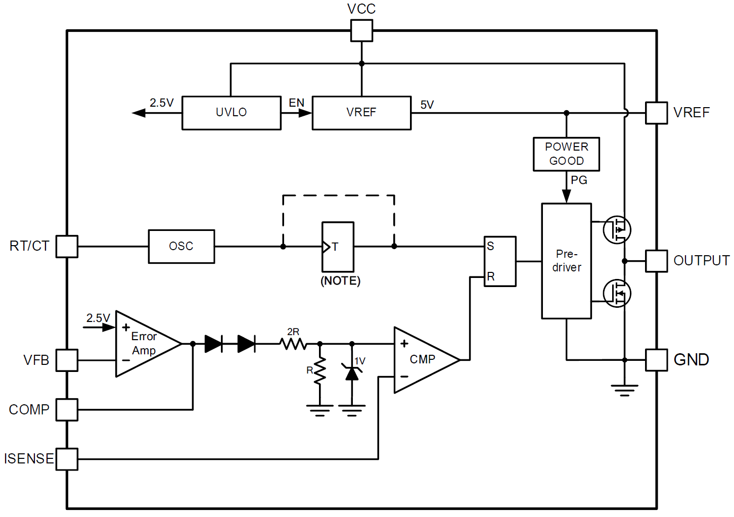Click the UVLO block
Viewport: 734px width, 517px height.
point(231,113)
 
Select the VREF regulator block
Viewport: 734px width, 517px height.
point(361,113)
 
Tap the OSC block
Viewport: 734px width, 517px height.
point(181,247)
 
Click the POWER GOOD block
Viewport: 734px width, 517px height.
point(566,154)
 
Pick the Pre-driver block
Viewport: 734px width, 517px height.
point(566,261)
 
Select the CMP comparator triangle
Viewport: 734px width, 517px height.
point(422,359)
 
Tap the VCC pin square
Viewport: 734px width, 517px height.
point(361,30)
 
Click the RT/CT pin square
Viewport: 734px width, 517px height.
point(67,247)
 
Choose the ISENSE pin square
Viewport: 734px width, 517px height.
point(67,459)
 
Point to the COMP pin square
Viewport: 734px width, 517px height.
point(67,409)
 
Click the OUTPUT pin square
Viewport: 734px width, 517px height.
point(656,261)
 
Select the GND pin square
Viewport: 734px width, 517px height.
point(656,360)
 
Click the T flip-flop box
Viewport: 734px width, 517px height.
point(338,247)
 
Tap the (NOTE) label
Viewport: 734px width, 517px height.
point(340,281)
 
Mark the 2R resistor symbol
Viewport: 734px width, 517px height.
point(293,344)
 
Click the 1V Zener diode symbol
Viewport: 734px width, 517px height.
point(352,372)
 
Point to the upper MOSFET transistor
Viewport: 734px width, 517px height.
point(617,229)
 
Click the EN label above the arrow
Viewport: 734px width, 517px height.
point(296,103)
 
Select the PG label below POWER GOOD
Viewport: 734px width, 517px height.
point(579,180)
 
